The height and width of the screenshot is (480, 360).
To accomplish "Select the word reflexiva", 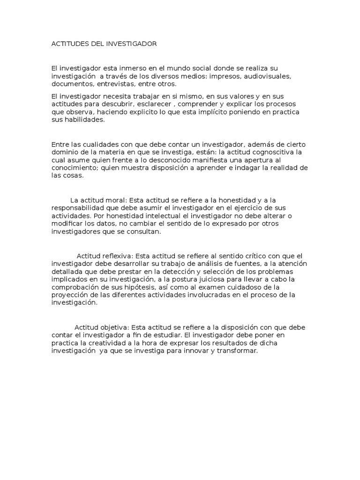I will coord(119,255).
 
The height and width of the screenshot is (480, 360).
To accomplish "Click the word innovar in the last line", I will coord(199,351).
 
